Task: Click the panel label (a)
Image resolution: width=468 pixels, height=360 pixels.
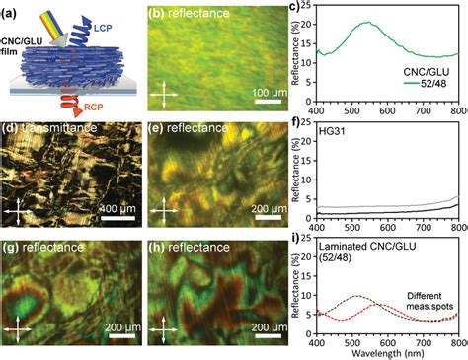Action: [15, 14]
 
